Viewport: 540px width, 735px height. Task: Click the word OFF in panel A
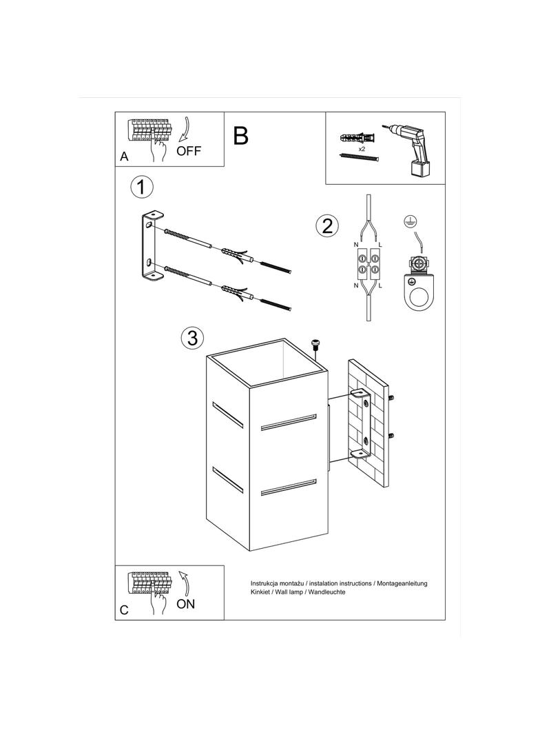(x=188, y=151)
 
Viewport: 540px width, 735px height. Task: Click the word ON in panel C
(x=186, y=604)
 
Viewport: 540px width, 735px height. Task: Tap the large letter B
(x=241, y=135)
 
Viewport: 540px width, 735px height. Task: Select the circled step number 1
(x=141, y=188)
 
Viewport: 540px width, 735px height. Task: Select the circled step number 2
(x=326, y=225)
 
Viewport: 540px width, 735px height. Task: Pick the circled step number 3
(x=192, y=338)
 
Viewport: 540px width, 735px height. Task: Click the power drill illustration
(x=409, y=150)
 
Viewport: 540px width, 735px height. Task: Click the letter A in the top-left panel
(x=124, y=157)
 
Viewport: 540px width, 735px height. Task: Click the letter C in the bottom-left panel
(x=124, y=610)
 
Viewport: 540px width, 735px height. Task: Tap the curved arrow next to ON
(x=184, y=583)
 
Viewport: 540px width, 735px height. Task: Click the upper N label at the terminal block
(x=355, y=245)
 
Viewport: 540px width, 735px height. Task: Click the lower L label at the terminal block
(x=380, y=285)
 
